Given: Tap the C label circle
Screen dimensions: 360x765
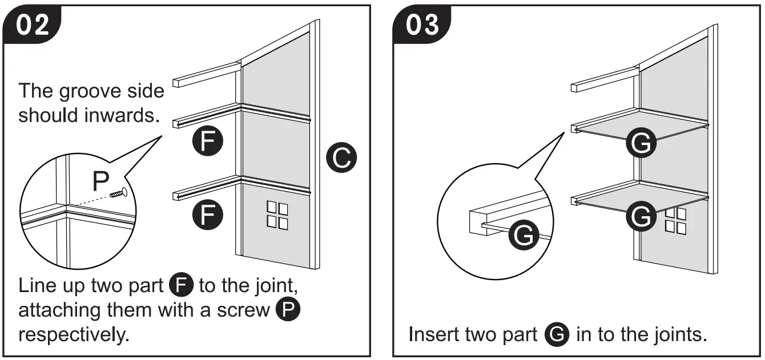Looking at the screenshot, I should point(341,159).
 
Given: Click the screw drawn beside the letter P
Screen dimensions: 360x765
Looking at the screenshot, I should point(118,194).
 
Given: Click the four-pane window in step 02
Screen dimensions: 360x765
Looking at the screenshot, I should point(277,215).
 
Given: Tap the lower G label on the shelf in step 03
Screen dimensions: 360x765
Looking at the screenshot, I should point(642,217).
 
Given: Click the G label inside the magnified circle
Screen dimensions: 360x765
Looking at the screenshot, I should point(522,236).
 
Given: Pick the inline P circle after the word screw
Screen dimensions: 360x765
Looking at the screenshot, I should point(288,310).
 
